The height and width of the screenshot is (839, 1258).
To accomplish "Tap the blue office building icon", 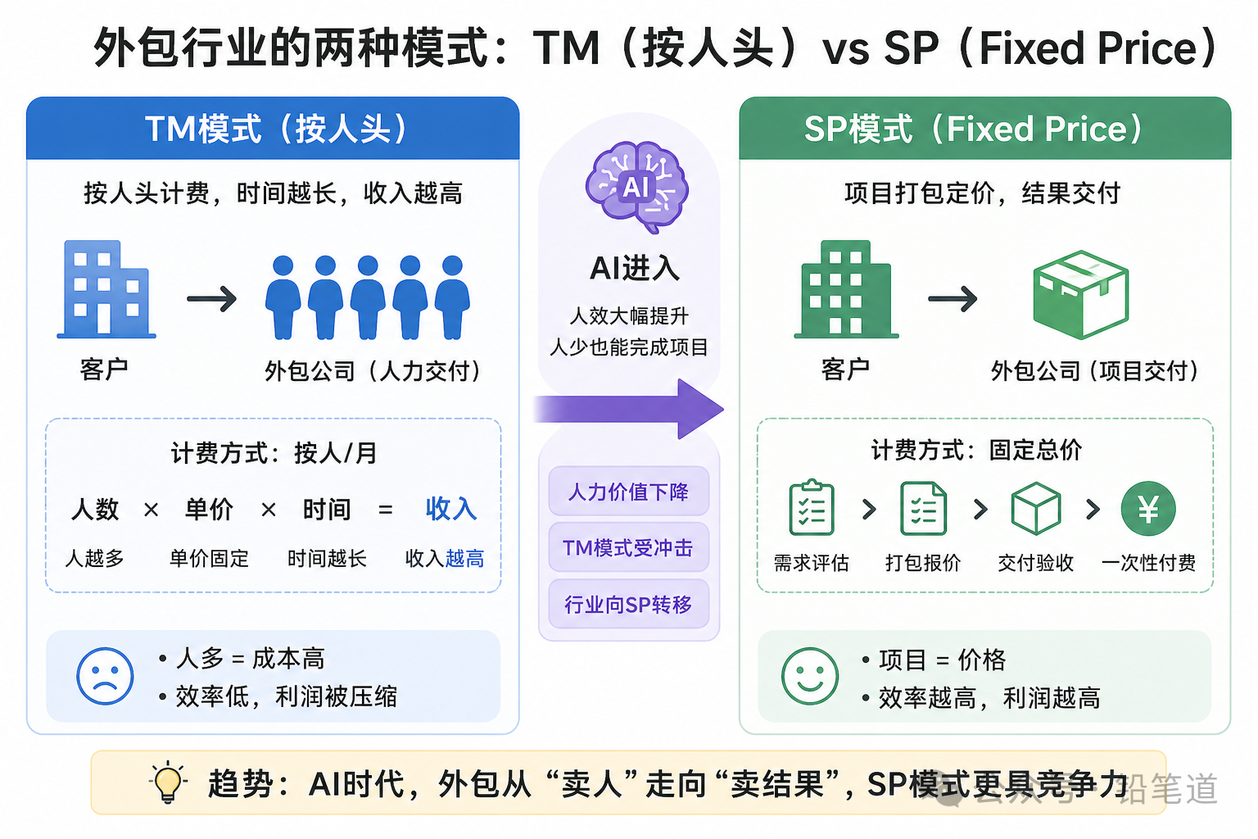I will (106, 289).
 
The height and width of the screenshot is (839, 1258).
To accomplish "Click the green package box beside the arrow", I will (1080, 294).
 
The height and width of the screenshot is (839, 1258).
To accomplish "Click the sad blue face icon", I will (105, 676).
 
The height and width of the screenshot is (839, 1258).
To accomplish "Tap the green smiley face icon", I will (810, 676).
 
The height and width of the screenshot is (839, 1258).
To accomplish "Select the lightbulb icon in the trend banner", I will (168, 782).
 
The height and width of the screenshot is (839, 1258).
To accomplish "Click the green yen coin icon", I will (1148, 509).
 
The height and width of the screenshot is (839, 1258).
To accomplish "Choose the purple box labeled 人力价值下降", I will (628, 492).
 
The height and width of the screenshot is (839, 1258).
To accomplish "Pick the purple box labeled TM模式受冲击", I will (628, 547).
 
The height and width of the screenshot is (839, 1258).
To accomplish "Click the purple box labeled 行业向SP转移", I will (628, 605).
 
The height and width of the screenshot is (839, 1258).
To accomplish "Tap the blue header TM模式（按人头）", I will (273, 129).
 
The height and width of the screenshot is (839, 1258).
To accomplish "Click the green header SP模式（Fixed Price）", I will (984, 129).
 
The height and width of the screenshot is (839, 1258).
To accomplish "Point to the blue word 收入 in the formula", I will (450, 509).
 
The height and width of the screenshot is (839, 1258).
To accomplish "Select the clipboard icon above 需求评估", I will (811, 508).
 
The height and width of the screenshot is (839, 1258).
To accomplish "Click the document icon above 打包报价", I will (923, 508).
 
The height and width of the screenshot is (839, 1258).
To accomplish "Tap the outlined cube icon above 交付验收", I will (1036, 509).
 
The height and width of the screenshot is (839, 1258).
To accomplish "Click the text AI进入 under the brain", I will (635, 268).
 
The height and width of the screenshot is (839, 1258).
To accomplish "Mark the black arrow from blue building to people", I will (211, 299).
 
